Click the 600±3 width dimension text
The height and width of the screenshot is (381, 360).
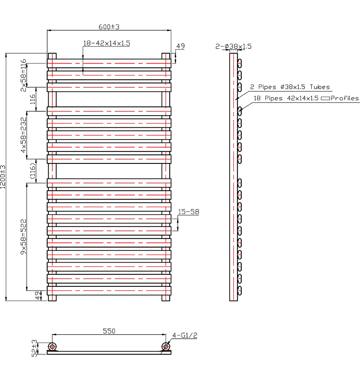point(109,27)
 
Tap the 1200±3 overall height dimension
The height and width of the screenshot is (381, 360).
point(3,177)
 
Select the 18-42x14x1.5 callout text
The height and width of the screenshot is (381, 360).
point(107,43)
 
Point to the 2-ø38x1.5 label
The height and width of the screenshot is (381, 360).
point(233,46)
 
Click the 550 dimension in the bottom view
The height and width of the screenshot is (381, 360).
point(109,331)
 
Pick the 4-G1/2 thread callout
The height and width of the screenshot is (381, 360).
point(185,336)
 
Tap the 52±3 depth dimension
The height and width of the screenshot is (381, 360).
point(35,348)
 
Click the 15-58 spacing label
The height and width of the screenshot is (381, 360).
point(188,212)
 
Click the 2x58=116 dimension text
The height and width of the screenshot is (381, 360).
point(24,75)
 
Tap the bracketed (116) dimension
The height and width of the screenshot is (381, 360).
point(32,171)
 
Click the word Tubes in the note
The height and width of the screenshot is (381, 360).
point(320,87)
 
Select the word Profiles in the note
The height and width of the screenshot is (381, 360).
point(345,98)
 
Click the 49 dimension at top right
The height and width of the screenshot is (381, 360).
point(180,46)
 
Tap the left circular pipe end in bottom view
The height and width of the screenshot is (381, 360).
point(53,346)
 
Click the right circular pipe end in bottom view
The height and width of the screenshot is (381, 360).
point(166,346)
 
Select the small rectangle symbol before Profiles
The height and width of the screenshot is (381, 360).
point(325,98)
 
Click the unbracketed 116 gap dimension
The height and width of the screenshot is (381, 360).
point(32,99)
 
